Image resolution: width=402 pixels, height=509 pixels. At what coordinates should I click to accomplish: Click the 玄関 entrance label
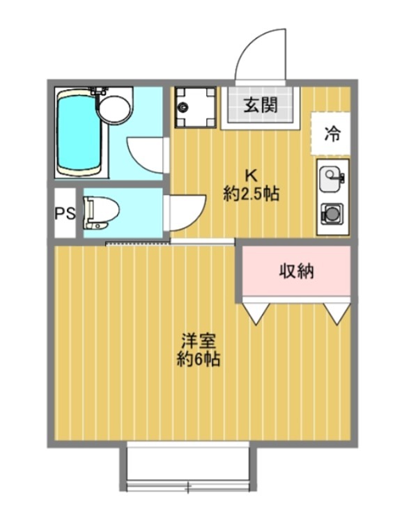point(261,106)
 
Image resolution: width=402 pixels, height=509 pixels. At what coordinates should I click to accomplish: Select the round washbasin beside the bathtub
point(112,108)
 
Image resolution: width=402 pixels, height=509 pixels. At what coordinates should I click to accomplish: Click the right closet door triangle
point(337,311)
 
